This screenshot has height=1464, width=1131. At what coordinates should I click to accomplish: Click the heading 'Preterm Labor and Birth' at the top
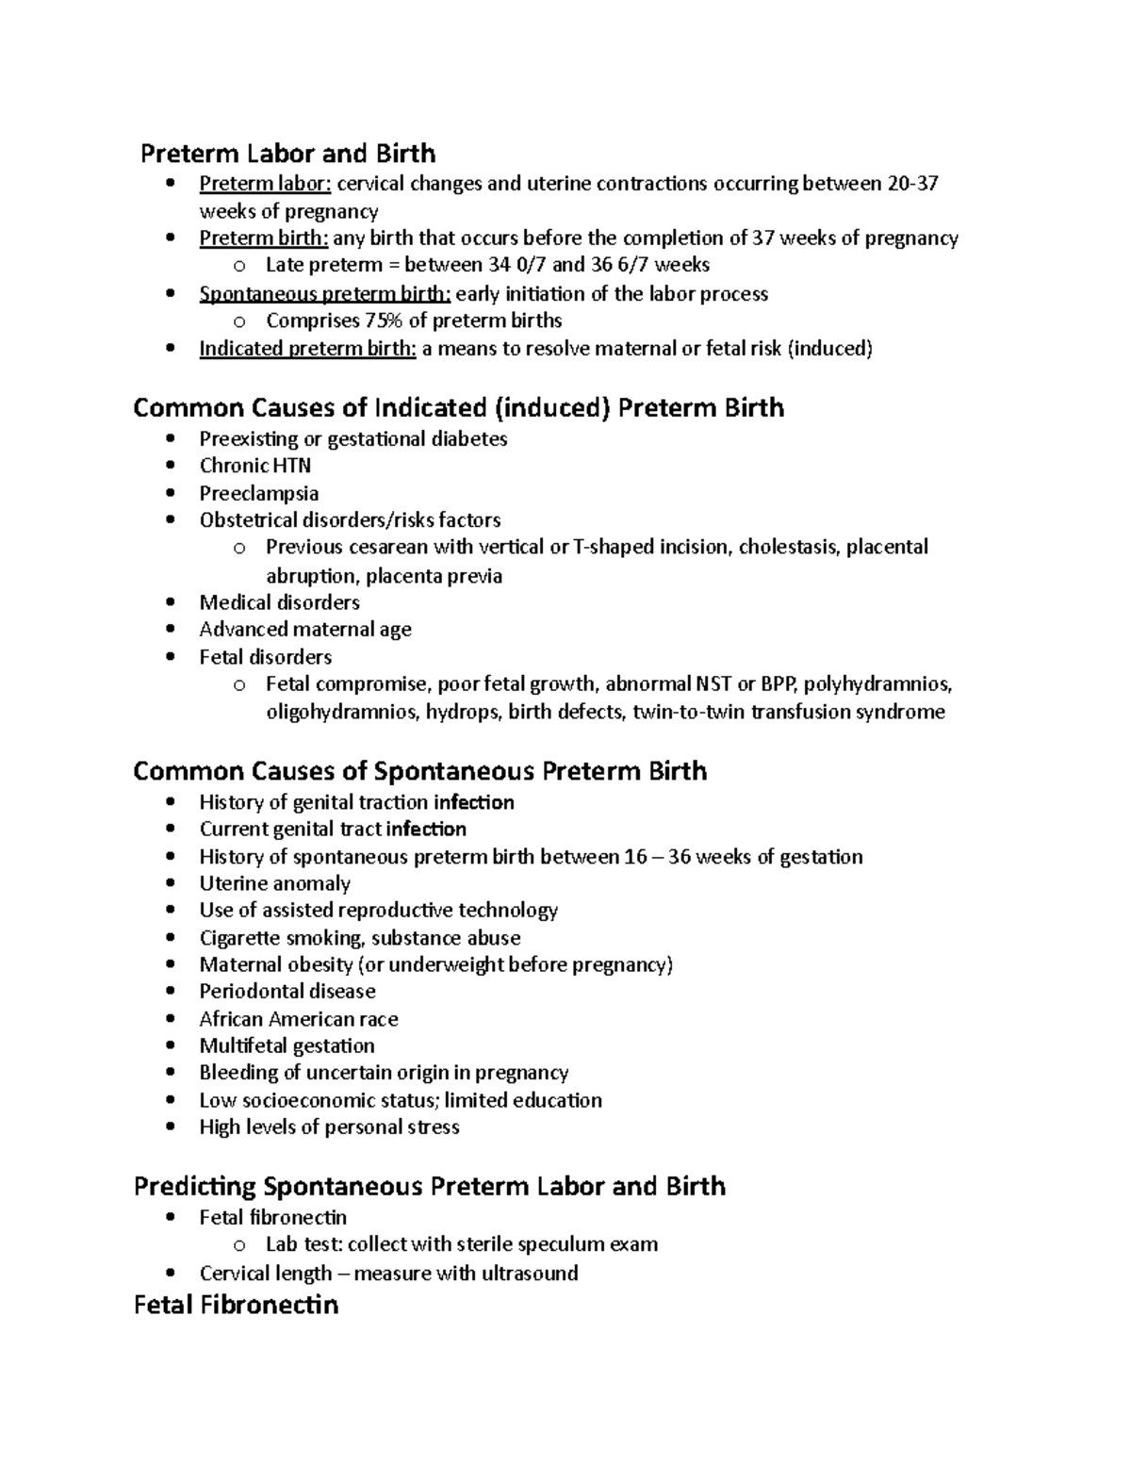coord(287,153)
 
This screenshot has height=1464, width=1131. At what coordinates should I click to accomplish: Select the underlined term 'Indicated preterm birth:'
coord(307,349)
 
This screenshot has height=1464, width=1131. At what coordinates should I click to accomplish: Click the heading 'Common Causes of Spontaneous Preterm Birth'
coord(419,771)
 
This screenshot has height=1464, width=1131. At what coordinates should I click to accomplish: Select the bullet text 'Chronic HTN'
coord(254,466)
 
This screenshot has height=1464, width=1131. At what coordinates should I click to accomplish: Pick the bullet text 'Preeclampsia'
coord(258,493)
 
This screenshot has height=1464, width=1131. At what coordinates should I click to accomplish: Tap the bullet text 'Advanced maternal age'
coord(304,629)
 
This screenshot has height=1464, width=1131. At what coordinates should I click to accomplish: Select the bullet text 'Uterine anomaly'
coord(274,883)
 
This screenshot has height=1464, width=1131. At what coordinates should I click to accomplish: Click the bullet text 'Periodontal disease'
coord(287,991)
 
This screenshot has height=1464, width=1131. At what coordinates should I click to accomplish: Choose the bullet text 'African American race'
coord(298,1019)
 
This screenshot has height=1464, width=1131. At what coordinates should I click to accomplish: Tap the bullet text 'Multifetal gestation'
coord(287,1045)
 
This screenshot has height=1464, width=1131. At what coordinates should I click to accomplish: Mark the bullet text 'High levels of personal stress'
coord(329,1127)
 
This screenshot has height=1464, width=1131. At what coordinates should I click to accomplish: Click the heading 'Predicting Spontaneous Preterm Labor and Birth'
coord(430,1186)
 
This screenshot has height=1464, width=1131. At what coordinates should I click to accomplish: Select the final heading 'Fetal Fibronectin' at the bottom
coord(236,1305)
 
